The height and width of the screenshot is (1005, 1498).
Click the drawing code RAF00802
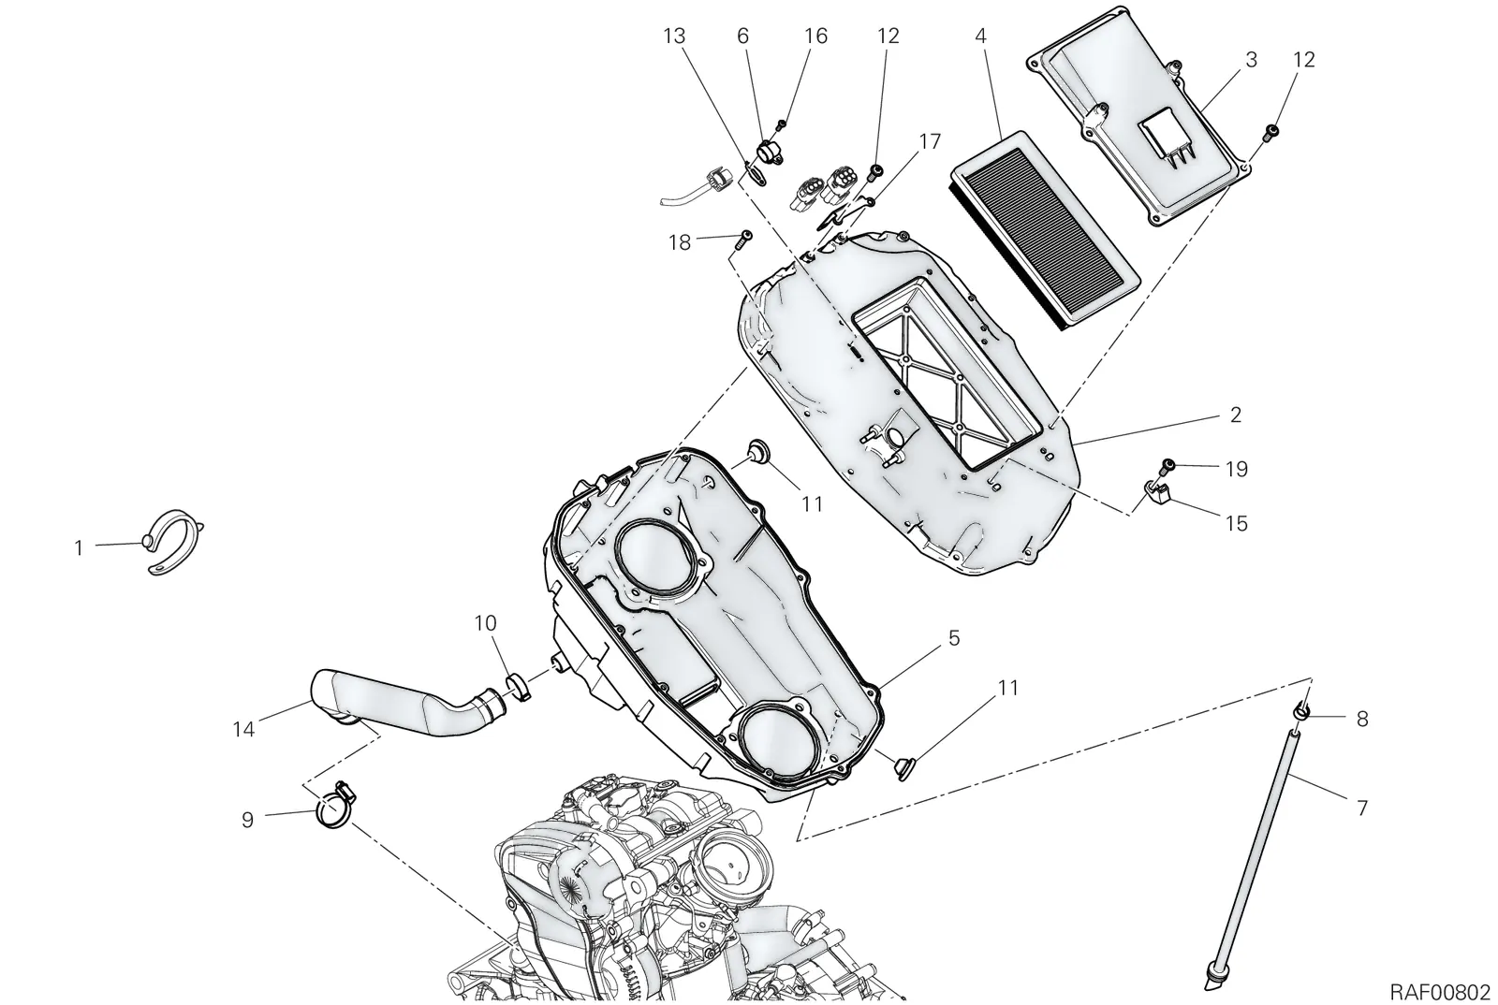(x=1440, y=990)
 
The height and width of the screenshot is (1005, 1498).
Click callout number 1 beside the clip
(x=79, y=548)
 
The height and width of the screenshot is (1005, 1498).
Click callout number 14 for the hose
(x=243, y=729)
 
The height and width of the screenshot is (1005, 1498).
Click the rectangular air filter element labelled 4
(x=1047, y=229)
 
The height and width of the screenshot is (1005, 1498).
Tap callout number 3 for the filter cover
(x=1251, y=60)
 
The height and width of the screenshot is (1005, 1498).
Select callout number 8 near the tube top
(x=1362, y=719)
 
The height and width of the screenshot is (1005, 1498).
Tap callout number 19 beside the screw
(x=1237, y=469)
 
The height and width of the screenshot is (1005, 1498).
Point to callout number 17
(x=931, y=141)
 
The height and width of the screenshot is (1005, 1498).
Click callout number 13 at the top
(x=674, y=36)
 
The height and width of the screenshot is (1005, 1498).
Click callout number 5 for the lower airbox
(x=954, y=638)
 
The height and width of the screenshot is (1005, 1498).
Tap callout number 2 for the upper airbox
(x=1236, y=415)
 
